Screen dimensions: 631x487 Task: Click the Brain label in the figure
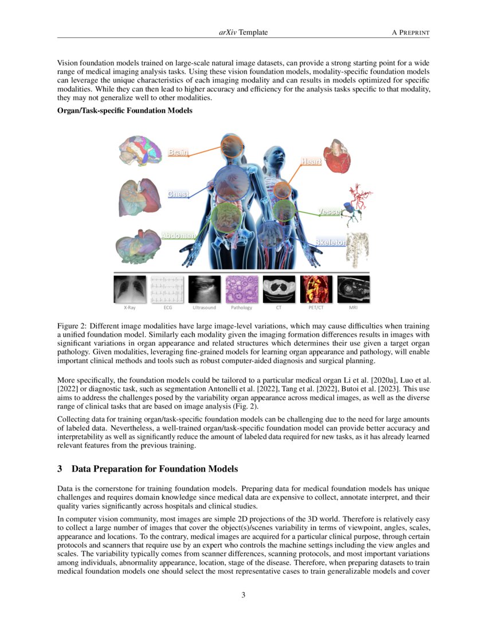pos(178,152)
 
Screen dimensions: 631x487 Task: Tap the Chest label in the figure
pos(178,194)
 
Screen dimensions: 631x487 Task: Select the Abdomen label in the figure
pos(178,236)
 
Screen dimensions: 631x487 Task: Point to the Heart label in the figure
pos(311,162)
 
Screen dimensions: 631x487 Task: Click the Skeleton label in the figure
pos(331,243)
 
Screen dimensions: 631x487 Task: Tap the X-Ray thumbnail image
pos(130,289)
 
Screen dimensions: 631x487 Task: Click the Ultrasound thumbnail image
pos(204,289)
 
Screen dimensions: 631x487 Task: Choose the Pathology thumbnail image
pos(241,289)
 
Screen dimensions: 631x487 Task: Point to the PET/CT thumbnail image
pos(316,289)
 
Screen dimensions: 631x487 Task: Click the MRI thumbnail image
pos(353,289)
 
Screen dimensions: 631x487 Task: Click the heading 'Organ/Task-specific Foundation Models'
pos(125,111)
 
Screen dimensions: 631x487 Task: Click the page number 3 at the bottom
pos(244,595)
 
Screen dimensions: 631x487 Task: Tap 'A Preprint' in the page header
pos(410,33)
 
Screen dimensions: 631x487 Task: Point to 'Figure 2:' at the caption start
pos(73,326)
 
